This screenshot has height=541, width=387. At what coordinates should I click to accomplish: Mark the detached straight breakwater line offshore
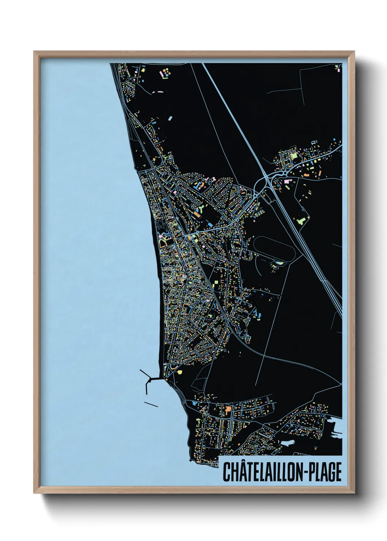(151, 404)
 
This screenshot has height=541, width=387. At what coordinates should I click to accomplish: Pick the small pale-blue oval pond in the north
(170, 118)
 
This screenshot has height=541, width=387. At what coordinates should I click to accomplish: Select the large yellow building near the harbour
(179, 372)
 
